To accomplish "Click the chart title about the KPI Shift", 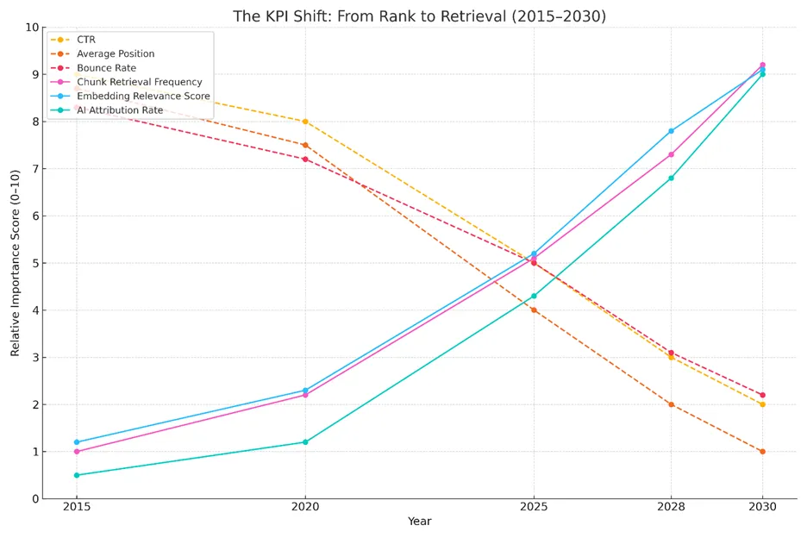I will (419, 16).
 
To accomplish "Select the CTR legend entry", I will (85, 40).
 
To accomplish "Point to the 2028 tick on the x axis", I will (671, 507).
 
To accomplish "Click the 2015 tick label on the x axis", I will (77, 507).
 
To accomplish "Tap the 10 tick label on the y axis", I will (32, 28).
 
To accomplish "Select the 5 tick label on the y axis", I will (35, 263).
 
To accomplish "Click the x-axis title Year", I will (419, 522).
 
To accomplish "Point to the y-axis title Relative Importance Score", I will (16, 263).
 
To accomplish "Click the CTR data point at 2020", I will (305, 122).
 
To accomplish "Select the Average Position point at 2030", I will (762, 451).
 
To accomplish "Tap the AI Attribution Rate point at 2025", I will (534, 296).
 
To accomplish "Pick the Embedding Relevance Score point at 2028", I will (671, 131).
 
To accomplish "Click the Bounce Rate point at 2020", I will (305, 160).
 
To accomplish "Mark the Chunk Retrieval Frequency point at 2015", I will (77, 451).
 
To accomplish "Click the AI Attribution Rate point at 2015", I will (77, 475).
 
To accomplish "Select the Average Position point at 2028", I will (671, 404).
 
